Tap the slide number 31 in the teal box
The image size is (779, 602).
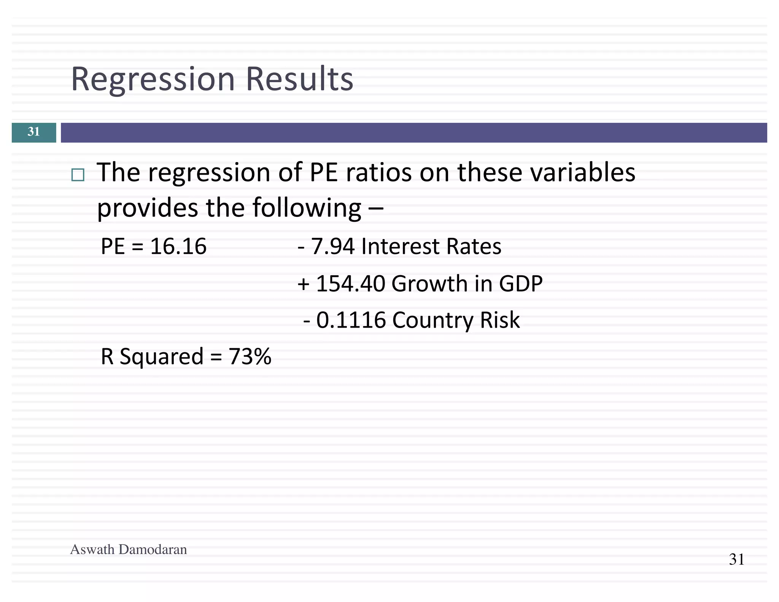point(33,132)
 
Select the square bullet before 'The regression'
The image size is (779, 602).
point(78,175)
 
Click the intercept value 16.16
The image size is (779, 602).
point(178,246)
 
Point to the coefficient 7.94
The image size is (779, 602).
point(333,246)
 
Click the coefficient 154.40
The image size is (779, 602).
point(350,283)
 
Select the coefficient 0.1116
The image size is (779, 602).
point(351,320)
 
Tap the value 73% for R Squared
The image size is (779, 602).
point(250,357)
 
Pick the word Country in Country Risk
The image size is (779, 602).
point(432,320)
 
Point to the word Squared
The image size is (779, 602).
point(161,357)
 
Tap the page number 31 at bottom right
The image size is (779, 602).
point(736,559)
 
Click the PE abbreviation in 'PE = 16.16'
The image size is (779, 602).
point(113,246)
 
